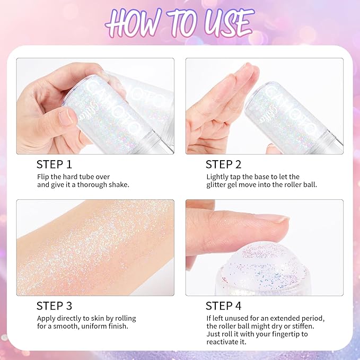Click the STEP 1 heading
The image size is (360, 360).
point(54,164)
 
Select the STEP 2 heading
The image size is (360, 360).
point(223,164)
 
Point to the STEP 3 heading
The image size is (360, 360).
point(55,305)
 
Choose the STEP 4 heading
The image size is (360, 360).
point(223,305)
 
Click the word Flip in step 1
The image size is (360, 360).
point(43,177)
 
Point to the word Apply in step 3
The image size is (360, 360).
point(46,318)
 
